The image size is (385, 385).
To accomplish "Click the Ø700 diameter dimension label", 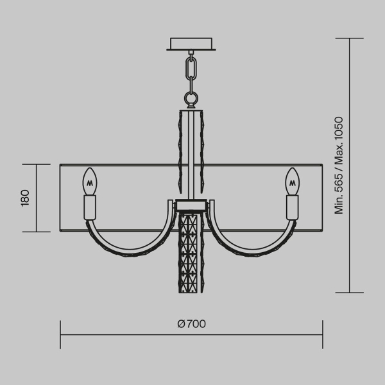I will click(x=191, y=323).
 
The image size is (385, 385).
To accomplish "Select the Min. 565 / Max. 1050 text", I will click(x=339, y=165).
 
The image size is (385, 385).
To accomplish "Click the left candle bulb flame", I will click(x=90, y=181).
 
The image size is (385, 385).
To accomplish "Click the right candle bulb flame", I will click(x=293, y=181).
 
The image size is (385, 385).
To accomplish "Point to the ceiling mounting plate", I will click(x=191, y=44).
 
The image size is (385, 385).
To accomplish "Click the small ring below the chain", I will click(x=191, y=98).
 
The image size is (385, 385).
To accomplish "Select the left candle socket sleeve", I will click(x=90, y=207).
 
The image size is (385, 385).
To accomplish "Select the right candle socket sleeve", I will click(x=293, y=207).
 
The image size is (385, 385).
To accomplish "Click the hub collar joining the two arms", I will click(x=191, y=205).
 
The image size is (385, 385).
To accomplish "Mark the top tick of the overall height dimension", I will click(x=349, y=38).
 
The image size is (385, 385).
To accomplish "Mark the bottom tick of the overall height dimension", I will click(x=349, y=293).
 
